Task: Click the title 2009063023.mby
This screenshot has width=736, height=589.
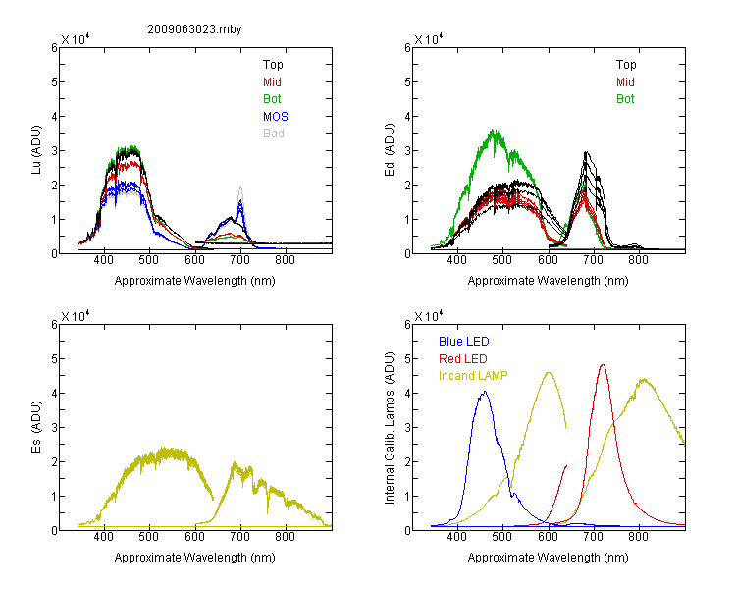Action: (x=194, y=29)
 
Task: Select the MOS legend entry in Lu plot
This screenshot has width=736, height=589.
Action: (x=276, y=116)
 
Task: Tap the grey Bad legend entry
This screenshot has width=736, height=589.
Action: (x=274, y=133)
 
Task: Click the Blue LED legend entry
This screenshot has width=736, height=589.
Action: (x=464, y=341)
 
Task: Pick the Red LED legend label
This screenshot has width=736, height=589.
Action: (x=463, y=359)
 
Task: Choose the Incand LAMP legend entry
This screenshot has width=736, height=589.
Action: (x=473, y=376)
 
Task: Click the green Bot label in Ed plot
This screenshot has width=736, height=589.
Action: (x=625, y=98)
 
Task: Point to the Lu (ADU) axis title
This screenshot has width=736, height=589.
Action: (x=36, y=150)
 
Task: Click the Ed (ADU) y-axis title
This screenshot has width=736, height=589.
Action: (x=390, y=150)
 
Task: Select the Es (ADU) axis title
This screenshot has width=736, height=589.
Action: (x=36, y=427)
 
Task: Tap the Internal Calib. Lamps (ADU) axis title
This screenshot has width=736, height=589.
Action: (x=390, y=428)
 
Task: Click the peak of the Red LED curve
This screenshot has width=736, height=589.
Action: (x=603, y=364)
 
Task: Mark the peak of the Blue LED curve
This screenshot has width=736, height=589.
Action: (x=485, y=392)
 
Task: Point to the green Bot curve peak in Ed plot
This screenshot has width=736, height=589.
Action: (x=494, y=131)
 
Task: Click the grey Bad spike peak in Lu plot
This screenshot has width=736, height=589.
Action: (x=240, y=187)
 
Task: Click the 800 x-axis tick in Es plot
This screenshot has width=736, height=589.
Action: (x=285, y=537)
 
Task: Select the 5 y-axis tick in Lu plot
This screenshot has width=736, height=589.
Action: (x=55, y=81)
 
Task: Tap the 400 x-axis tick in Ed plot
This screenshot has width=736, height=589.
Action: (x=456, y=260)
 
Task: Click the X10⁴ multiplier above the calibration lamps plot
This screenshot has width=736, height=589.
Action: (x=429, y=316)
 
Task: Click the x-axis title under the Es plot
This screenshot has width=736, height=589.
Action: (x=195, y=557)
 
